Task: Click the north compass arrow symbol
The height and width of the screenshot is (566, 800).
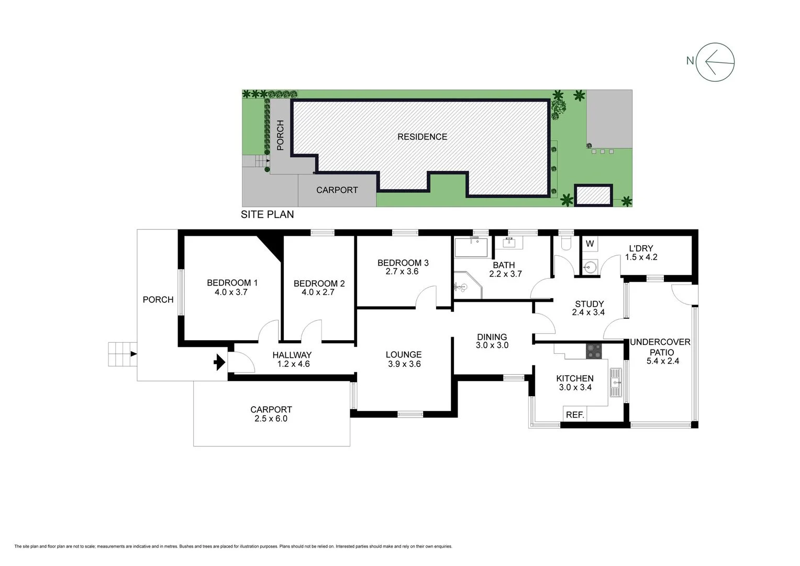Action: click(x=715, y=62)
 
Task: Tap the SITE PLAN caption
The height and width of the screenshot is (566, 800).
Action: click(x=267, y=214)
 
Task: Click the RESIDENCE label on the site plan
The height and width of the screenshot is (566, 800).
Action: click(x=422, y=137)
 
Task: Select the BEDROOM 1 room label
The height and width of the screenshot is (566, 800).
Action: click(x=232, y=283)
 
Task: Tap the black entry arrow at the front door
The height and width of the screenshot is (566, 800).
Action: click(x=219, y=362)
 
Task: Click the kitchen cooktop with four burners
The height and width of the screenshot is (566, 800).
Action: click(x=594, y=351)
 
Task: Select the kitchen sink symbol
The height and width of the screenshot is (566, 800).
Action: click(x=615, y=382)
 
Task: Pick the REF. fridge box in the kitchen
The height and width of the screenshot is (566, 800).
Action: click(x=575, y=414)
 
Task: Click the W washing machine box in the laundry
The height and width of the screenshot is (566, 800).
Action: click(x=590, y=244)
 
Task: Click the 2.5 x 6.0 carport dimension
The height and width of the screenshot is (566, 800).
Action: click(x=271, y=419)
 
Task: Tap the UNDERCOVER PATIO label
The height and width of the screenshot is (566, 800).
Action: click(x=661, y=347)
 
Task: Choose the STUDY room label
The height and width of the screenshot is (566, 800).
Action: click(x=589, y=304)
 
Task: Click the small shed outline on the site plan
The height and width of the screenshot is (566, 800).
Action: click(x=593, y=195)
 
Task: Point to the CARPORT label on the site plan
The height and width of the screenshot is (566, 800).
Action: click(x=337, y=190)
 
